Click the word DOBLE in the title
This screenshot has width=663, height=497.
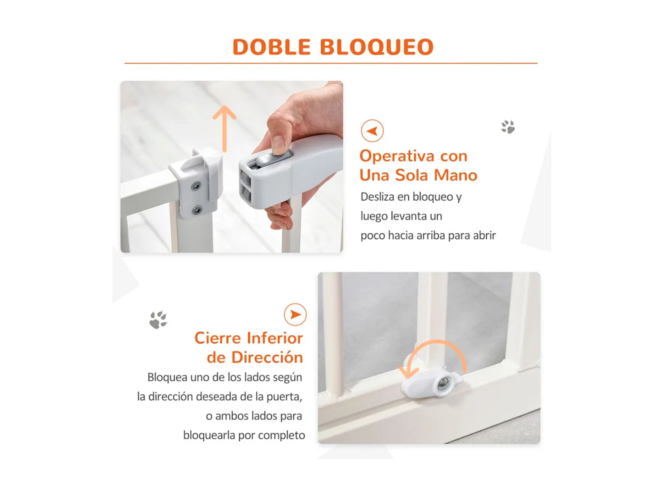pyautogui.click(x=271, y=47)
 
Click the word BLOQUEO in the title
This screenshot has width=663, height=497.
pyautogui.click(x=376, y=47)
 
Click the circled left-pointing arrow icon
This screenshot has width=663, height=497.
pyautogui.click(x=372, y=131)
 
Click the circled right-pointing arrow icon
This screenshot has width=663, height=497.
pyautogui.click(x=295, y=315)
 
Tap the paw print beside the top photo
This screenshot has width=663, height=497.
pyautogui.click(x=508, y=127)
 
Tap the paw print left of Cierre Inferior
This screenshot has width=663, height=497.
pyautogui.click(x=158, y=319)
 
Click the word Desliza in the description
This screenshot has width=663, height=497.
pyautogui.click(x=377, y=197)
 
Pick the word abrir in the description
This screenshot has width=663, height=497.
pyautogui.click(x=484, y=235)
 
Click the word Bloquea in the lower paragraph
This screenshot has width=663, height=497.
pyautogui.click(x=168, y=377)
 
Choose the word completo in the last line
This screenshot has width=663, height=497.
pyautogui.click(x=282, y=435)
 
